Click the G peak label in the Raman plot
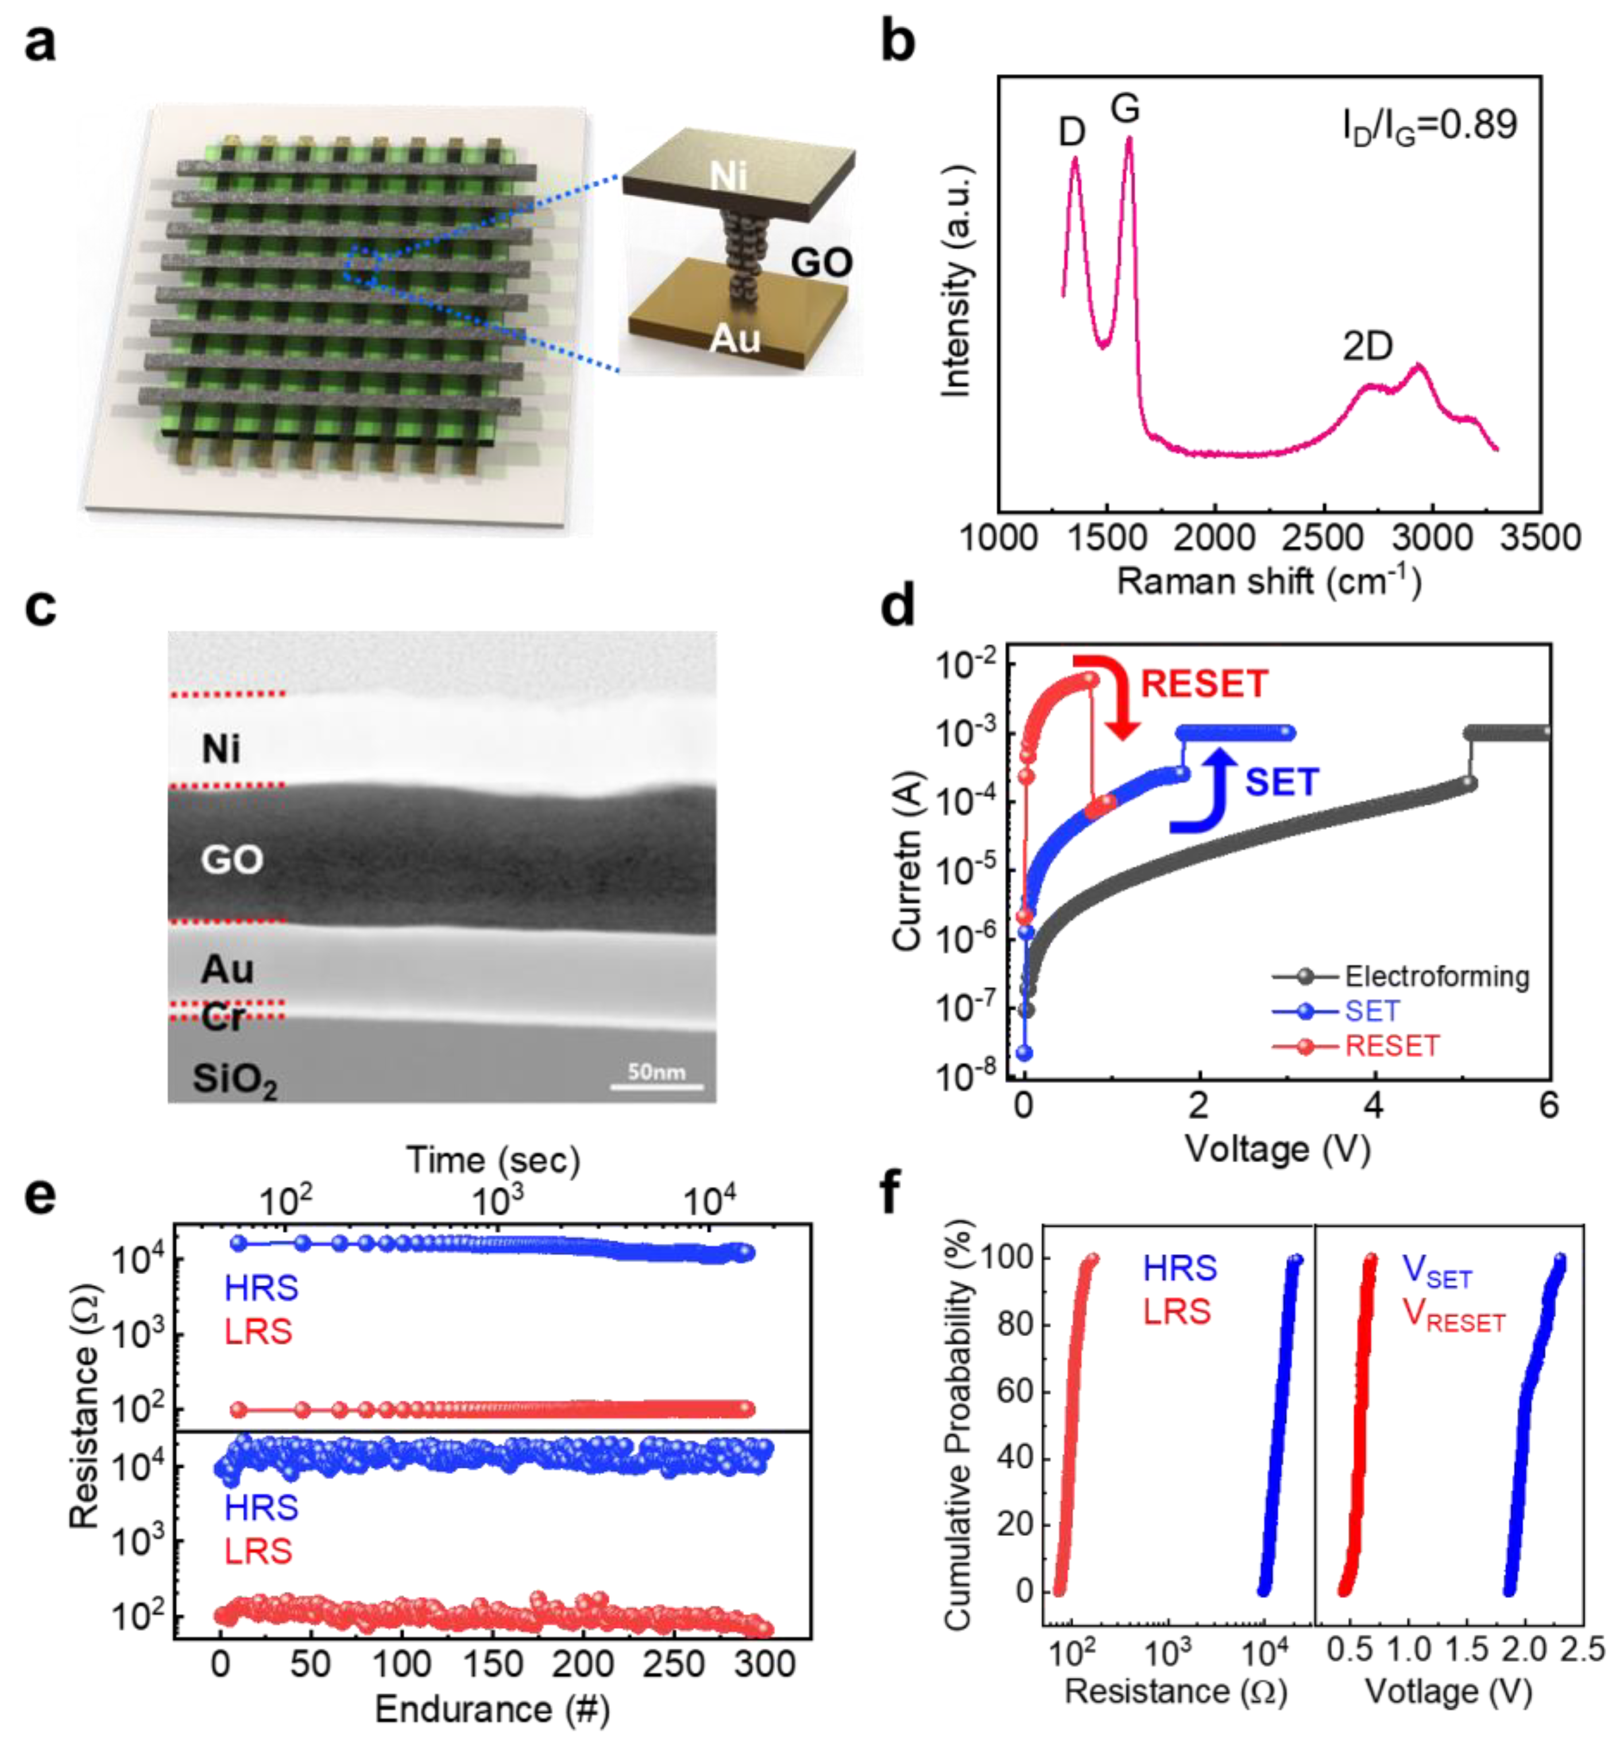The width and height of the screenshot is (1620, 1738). (1125, 109)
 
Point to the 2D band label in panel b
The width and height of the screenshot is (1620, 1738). (1367, 347)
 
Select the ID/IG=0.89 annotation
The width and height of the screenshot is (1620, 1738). (1429, 127)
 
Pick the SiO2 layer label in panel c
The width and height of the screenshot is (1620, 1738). (234, 1081)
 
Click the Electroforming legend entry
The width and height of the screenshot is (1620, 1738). (1436, 976)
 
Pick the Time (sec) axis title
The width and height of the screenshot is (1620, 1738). (493, 1160)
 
